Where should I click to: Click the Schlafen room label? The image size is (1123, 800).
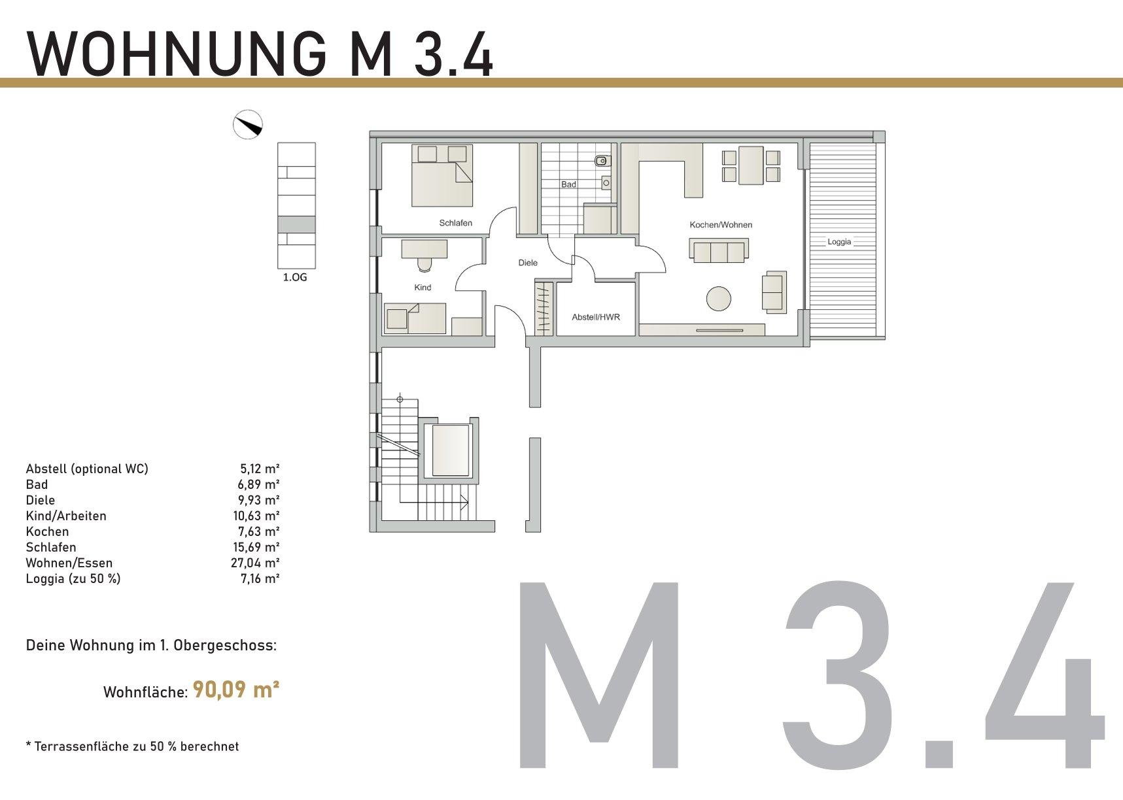tap(455, 223)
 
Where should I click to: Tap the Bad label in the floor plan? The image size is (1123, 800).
tap(568, 184)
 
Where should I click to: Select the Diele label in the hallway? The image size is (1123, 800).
tap(528, 263)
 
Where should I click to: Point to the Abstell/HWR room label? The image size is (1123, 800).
tap(596, 317)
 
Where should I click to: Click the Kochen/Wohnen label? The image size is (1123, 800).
tap(721, 225)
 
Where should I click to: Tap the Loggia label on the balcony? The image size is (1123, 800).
tap(839, 242)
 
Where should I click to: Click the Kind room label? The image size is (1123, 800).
tap(423, 288)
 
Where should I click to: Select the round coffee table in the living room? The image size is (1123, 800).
tap(719, 299)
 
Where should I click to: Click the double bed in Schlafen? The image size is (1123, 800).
tap(442, 176)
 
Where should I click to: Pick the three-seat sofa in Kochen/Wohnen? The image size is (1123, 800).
tap(719, 251)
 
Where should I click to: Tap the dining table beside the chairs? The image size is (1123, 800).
tap(751, 165)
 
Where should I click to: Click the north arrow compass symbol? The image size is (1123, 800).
tap(248, 124)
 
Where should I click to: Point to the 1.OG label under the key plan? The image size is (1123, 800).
tap(295, 277)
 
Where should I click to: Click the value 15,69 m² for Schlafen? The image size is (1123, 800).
tap(256, 547)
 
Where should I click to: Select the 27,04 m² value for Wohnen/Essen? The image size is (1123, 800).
tap(255, 563)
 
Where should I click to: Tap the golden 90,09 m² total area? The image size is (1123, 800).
tap(236, 690)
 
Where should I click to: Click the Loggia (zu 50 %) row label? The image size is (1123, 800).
tap(73, 578)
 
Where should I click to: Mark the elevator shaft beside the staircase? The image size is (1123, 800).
tap(451, 450)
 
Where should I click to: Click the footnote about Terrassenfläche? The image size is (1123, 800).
tap(132, 746)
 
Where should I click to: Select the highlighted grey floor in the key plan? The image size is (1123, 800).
tap(296, 224)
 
